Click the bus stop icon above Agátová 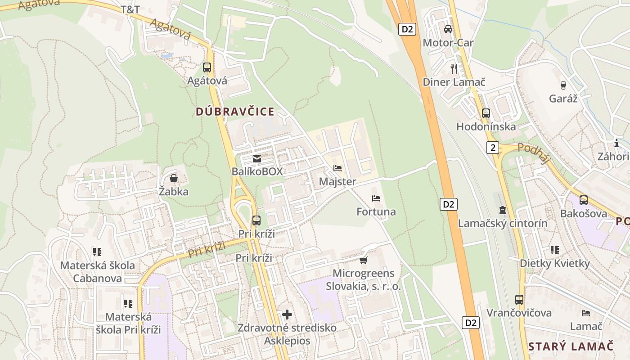click(x=207, y=67)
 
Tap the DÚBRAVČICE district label click(x=235, y=112)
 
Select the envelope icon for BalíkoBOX click(x=257, y=159)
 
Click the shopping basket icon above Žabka click(x=173, y=179)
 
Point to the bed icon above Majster click(x=337, y=169)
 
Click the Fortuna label click(x=376, y=211)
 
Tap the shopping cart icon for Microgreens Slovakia click(x=364, y=260)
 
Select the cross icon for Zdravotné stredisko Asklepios click(x=287, y=314)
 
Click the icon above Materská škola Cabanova click(x=97, y=252)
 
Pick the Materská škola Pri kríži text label click(x=128, y=323)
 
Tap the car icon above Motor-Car click(x=448, y=29)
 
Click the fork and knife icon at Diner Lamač click(x=454, y=68)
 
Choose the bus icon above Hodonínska click(x=486, y=113)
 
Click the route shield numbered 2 click(x=493, y=147)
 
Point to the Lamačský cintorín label click(x=503, y=223)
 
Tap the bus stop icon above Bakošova click(x=584, y=200)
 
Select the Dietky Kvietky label click(x=555, y=263)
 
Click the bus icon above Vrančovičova click(x=519, y=299)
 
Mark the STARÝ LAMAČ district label click(x=571, y=346)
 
